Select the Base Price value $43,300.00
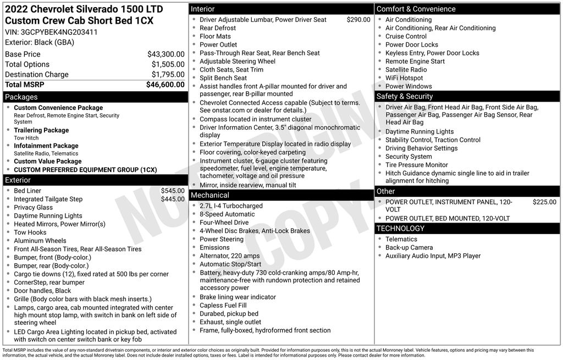pyautogui.click(x=165, y=54)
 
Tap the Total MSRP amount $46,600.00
pyautogui.click(x=165, y=85)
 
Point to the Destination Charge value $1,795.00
pyautogui.click(x=168, y=75)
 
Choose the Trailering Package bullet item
pyautogui.click(x=41, y=130)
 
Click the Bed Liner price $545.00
pyautogui.click(x=173, y=191)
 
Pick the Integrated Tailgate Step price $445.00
pyautogui.click(x=173, y=199)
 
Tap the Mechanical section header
pyautogui.click(x=209, y=195)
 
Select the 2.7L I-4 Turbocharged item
pyautogui.click(x=231, y=206)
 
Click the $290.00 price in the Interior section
pyautogui.click(x=358, y=20)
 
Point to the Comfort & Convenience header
pyautogui.click(x=416, y=9)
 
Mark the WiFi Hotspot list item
pyautogui.click(x=404, y=78)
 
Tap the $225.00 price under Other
pyautogui.click(x=544, y=202)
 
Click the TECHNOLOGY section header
pyautogui.click(x=400, y=229)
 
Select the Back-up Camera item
pyautogui.click(x=409, y=248)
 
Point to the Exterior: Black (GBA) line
pyautogui.click(x=40, y=42)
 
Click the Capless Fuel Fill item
pyautogui.click(x=223, y=306)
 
